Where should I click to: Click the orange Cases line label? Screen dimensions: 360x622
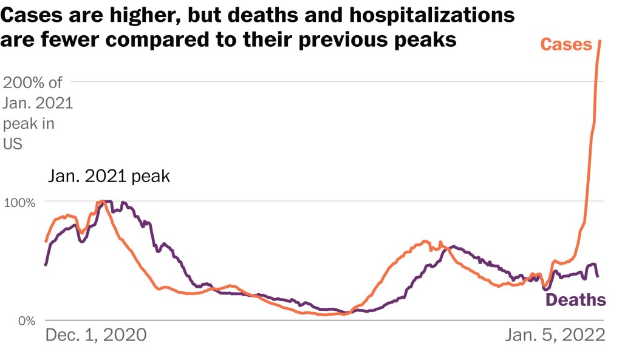click(566, 44)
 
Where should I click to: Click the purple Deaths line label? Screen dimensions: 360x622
click(575, 299)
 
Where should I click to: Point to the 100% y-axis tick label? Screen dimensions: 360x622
click(21, 202)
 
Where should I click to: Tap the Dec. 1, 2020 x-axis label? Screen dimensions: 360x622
click(96, 335)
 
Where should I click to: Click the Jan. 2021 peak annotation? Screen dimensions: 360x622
click(109, 177)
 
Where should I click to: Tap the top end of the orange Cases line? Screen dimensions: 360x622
click(600, 41)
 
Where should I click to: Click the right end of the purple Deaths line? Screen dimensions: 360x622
click(598, 277)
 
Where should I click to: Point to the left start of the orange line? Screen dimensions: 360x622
click(46, 242)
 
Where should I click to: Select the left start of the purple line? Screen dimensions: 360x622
click(46, 265)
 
